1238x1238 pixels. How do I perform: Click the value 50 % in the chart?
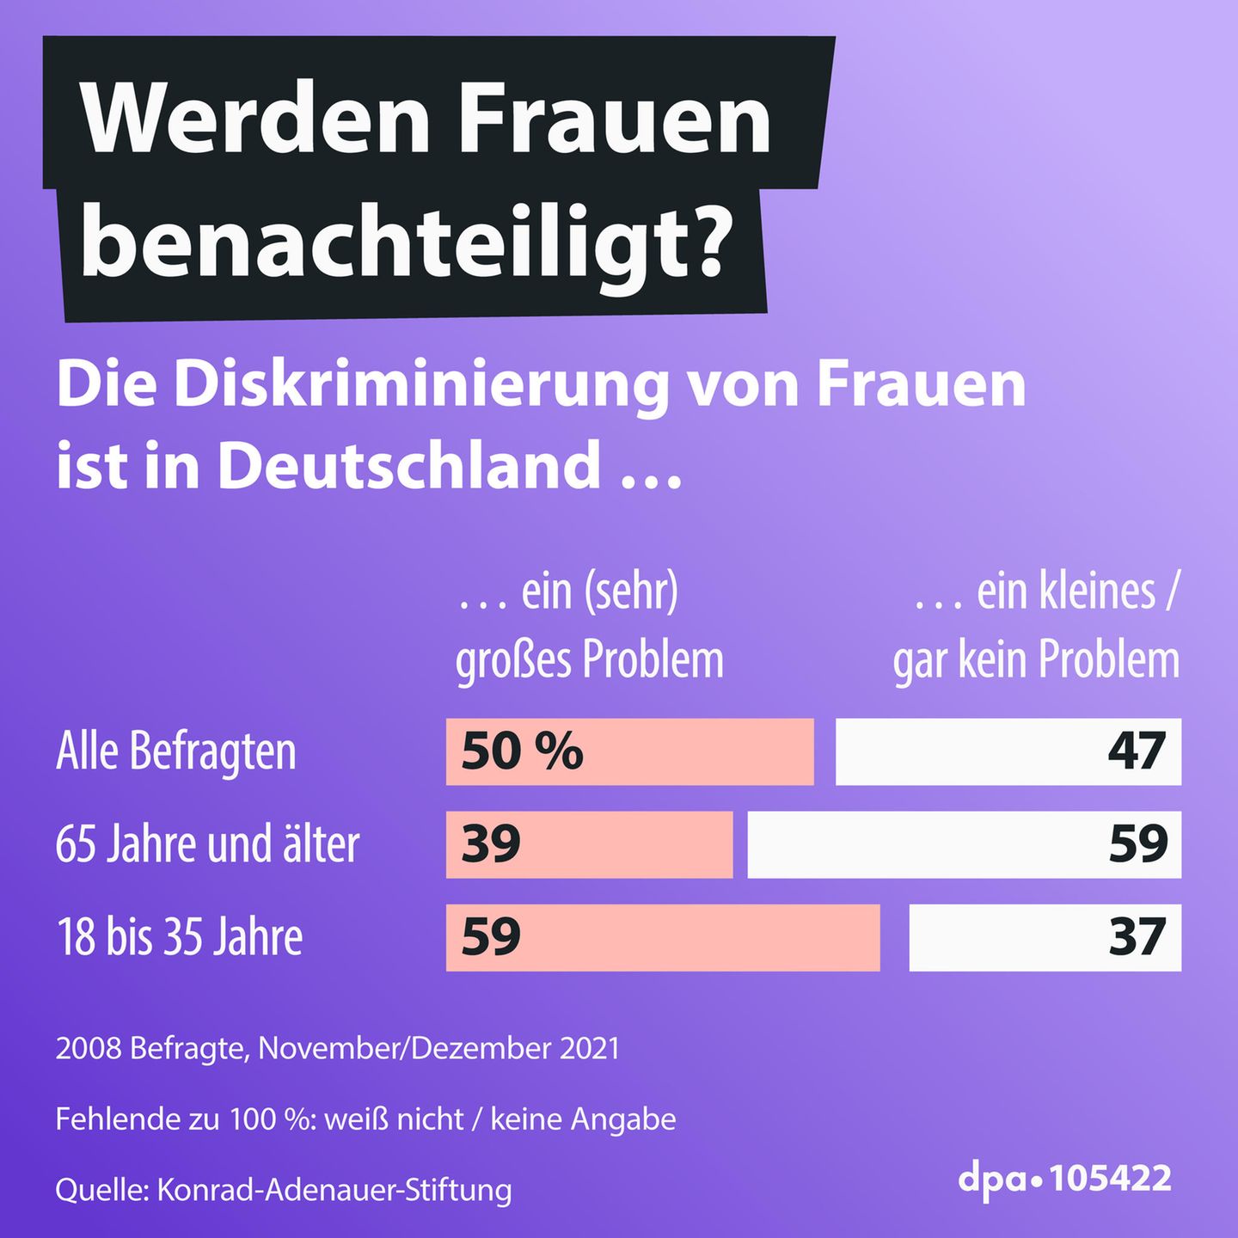point(522,751)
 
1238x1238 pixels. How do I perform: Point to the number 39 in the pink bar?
point(491,844)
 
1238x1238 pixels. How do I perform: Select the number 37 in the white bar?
point(1137,937)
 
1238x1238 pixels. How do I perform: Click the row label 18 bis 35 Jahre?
point(179,937)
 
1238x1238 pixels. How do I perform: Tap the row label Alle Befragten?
point(176,751)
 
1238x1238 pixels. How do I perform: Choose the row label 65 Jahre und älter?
point(207,844)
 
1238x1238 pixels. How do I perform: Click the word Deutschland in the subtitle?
point(409,465)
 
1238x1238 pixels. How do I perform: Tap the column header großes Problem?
point(590,660)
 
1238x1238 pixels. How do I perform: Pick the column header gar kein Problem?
point(1036,660)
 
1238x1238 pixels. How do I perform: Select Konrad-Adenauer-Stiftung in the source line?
point(334,1190)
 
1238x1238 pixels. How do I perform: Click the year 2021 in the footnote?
point(589,1049)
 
